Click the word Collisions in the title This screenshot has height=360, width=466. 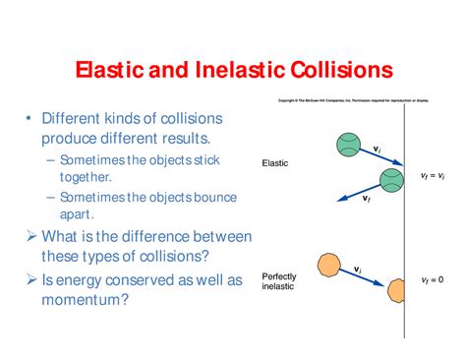click(x=333, y=71)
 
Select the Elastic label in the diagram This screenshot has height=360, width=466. click(x=275, y=163)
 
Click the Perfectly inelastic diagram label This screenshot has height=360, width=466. click(x=279, y=281)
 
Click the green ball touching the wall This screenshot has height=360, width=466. click(x=391, y=179)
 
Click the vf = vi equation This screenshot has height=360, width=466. click(x=432, y=176)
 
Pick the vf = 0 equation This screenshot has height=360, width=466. click(x=432, y=280)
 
